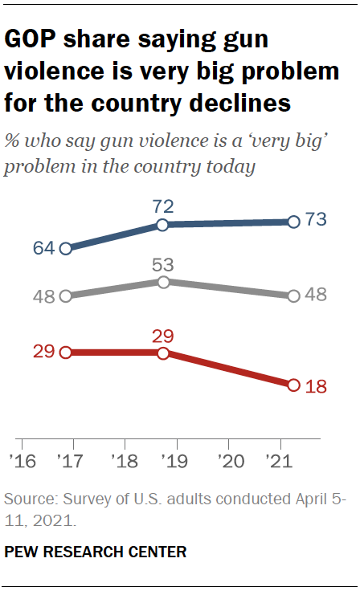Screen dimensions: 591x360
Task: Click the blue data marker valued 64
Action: coord(66,248)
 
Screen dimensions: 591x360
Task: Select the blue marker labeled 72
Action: coord(163,226)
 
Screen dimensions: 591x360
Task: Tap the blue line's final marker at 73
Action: coord(293,222)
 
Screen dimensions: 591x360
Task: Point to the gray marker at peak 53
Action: coord(163,282)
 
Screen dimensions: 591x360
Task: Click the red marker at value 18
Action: coord(293,385)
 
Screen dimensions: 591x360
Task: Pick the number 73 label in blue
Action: coord(315,222)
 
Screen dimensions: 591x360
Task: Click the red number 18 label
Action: coord(315,385)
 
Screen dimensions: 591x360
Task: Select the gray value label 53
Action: coord(163,263)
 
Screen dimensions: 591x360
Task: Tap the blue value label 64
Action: coord(43,248)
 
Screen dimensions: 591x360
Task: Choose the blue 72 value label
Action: coord(163,207)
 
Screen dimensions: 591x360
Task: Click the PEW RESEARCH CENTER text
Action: coord(96,552)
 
